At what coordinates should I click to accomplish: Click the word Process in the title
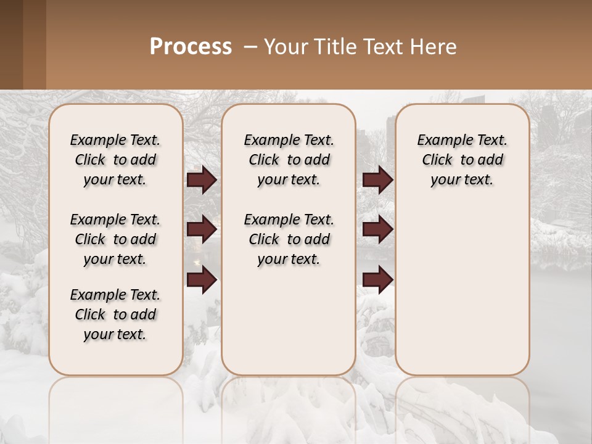click(x=191, y=47)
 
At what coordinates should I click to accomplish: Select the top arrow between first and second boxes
click(x=202, y=180)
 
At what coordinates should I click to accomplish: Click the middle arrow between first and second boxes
click(x=202, y=229)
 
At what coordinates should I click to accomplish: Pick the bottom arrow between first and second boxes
click(x=202, y=280)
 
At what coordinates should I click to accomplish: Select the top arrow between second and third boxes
click(x=377, y=180)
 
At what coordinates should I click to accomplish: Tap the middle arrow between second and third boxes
click(x=377, y=229)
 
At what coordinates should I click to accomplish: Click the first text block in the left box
click(x=115, y=160)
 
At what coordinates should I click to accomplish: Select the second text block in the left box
click(x=115, y=239)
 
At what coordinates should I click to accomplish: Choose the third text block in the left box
click(x=115, y=314)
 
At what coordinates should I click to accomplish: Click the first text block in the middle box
click(x=289, y=160)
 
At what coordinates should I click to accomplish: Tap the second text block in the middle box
click(x=289, y=239)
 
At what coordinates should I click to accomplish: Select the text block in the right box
click(x=462, y=160)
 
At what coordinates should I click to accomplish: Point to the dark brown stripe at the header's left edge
click(x=11, y=44)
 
